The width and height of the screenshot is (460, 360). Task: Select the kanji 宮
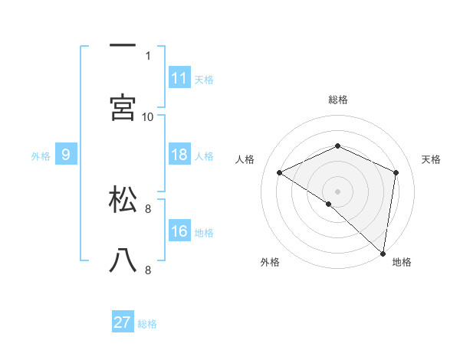click(123, 107)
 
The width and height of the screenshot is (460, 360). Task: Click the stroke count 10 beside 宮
click(148, 116)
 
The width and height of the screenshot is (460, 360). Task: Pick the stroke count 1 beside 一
click(148, 55)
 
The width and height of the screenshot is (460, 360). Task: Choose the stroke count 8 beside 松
click(148, 208)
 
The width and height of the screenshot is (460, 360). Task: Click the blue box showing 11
click(179, 78)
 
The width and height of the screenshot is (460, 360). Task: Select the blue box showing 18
click(179, 155)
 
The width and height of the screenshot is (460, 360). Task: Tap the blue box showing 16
click(179, 231)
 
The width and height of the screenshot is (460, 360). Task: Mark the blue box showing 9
click(66, 155)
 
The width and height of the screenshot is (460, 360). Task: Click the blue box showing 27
click(123, 322)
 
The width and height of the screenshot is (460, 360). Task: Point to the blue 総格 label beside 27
click(147, 324)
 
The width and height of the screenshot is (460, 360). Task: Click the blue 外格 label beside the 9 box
click(41, 156)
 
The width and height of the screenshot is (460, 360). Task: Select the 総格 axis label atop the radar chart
click(338, 100)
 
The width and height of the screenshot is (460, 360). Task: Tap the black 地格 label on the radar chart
click(402, 263)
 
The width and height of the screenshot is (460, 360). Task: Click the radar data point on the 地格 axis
click(383, 254)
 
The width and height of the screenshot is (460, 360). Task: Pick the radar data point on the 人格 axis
click(280, 172)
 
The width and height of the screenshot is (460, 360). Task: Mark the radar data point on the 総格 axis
click(338, 146)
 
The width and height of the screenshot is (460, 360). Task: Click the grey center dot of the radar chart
click(338, 191)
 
